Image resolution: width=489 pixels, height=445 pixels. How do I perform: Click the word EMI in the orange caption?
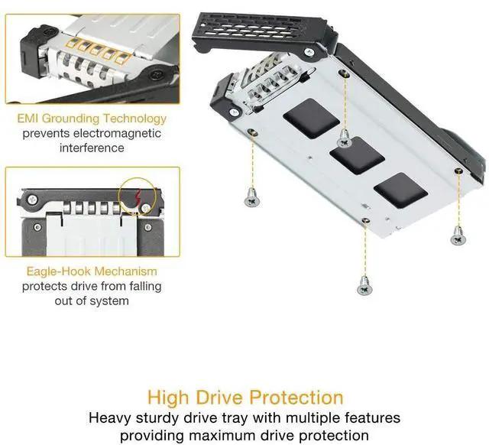coord(28,119)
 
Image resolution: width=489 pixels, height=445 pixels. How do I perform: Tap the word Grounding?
coord(71,119)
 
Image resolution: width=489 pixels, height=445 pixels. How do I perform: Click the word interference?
coord(92,148)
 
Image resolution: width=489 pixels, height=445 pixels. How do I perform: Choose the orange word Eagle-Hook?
coord(58,271)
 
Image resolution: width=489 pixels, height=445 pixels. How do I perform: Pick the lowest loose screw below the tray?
coord(364,287)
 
